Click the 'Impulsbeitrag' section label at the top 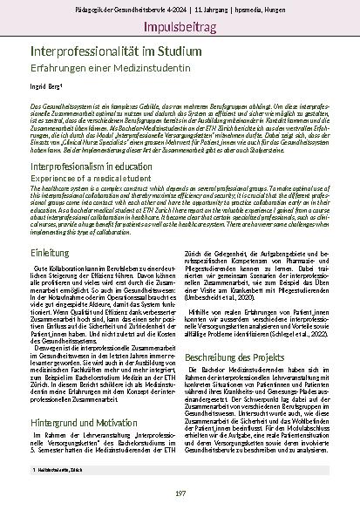pos(180,25)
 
